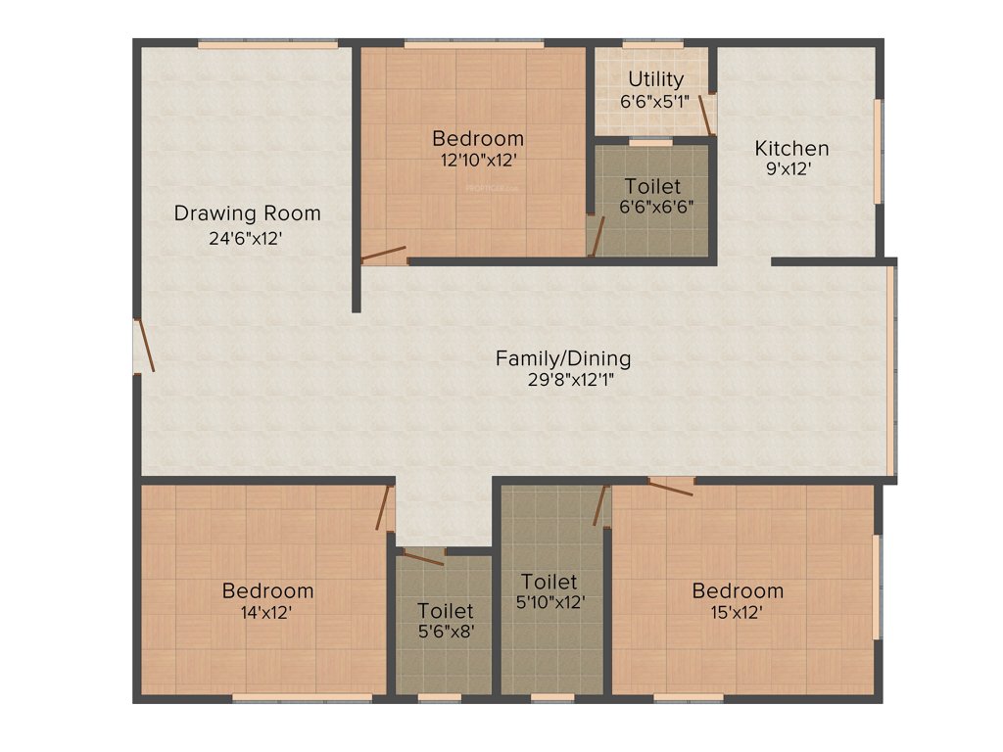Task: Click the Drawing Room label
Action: coord(247,212)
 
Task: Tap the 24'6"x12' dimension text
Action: coord(247,237)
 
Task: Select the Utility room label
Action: coord(656,79)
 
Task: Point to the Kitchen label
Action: coord(791,149)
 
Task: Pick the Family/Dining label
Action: coord(562,358)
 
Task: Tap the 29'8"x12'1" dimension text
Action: coord(562,380)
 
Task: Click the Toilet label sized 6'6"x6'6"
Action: coord(652,186)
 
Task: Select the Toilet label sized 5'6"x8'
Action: coord(445,611)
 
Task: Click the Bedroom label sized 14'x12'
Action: coord(267,590)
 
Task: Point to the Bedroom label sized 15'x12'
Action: coord(738,590)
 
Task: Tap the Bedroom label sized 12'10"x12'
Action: coord(477,138)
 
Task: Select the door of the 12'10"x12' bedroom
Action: coord(382,256)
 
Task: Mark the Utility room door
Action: coord(705,114)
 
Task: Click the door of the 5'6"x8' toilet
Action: coord(422,558)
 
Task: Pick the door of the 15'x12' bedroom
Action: coord(671,487)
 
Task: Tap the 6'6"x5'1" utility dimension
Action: coord(656,101)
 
